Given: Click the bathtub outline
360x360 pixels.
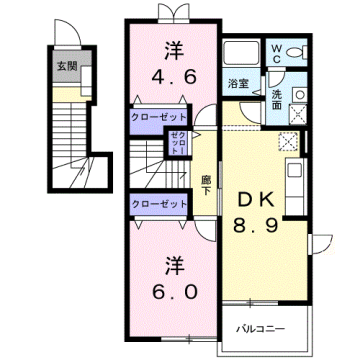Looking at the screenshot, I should pos(239,54).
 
